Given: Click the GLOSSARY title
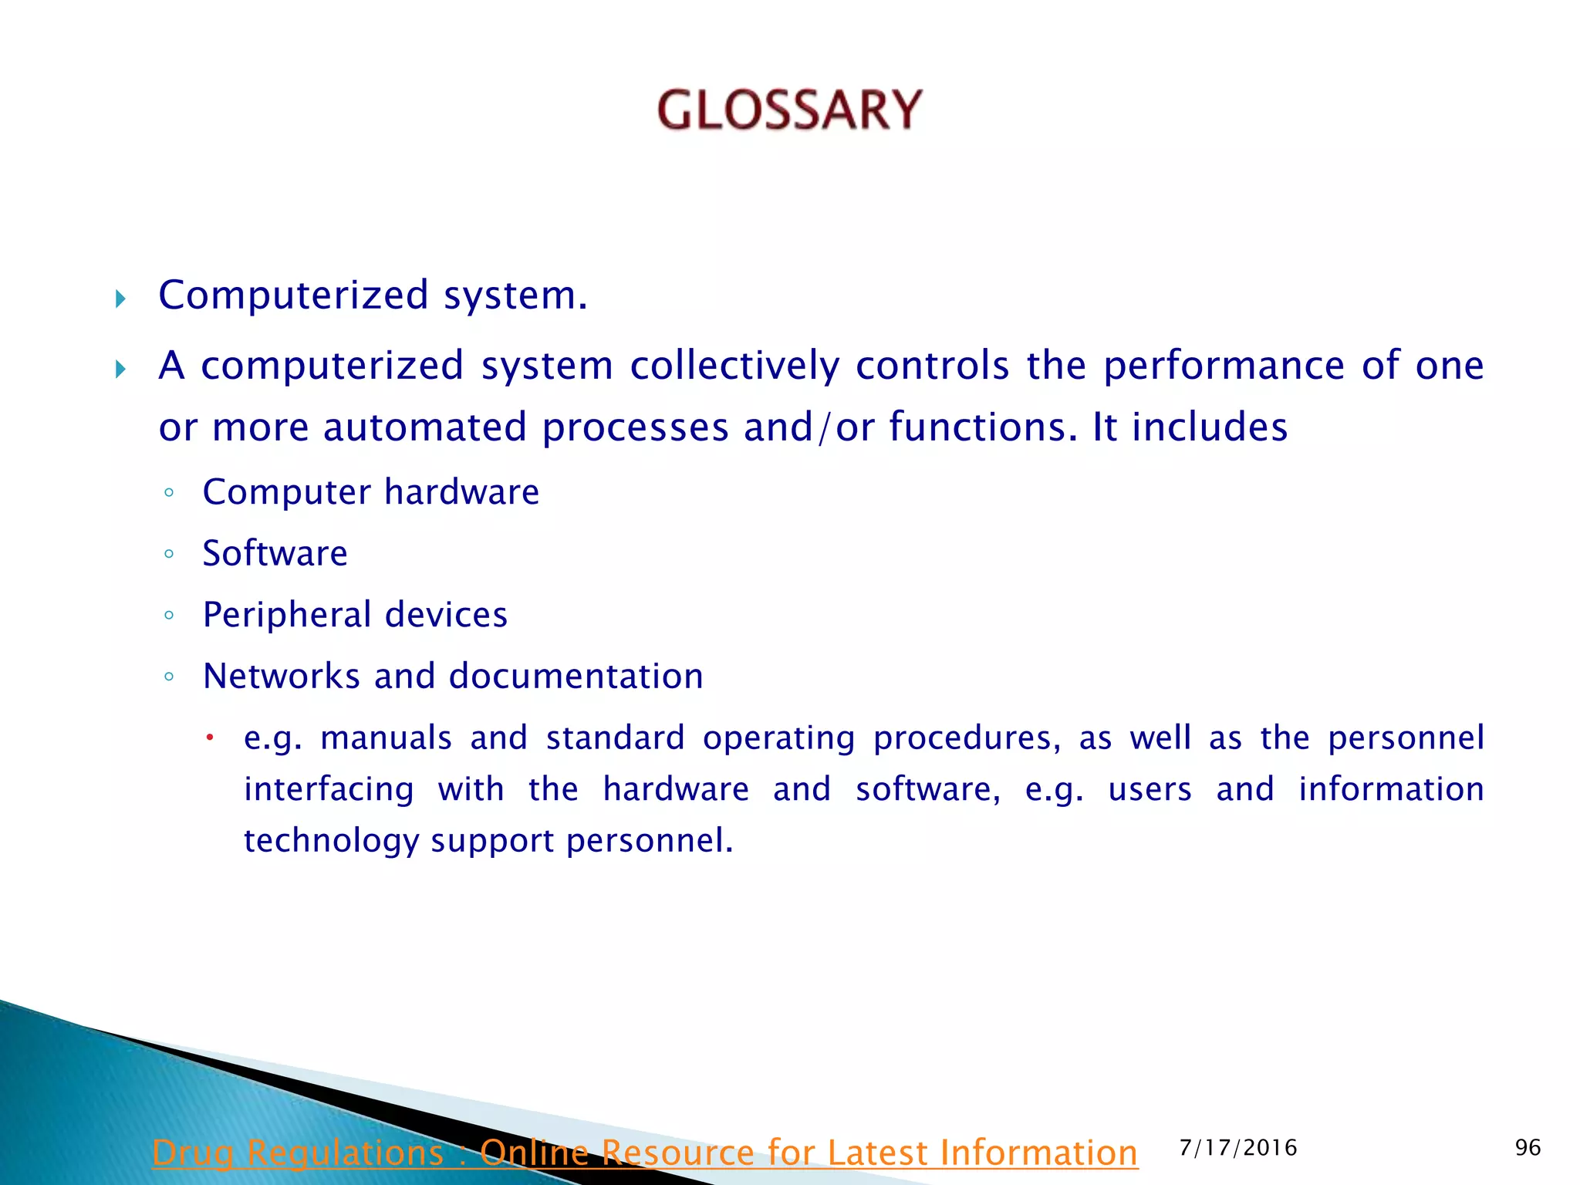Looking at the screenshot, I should click(789, 110).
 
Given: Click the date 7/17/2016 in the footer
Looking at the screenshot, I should click(1238, 1147).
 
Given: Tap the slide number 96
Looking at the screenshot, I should click(1528, 1147).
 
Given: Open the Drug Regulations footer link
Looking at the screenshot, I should click(644, 1153).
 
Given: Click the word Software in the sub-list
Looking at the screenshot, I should click(275, 553).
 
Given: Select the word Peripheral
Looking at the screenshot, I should click(287, 615).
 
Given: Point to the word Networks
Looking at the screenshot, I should click(281, 676).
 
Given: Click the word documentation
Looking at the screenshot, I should click(576, 676).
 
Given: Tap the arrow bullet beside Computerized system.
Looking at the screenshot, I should click(120, 299).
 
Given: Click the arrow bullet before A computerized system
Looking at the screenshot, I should click(120, 369).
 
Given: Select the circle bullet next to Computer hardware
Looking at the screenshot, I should click(169, 492).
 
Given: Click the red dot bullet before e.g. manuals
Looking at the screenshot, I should click(209, 738).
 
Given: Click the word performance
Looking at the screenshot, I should click(1224, 366).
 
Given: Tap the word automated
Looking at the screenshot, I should click(424, 427).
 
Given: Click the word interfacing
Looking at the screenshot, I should click(329, 789).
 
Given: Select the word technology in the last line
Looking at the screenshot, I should click(331, 841).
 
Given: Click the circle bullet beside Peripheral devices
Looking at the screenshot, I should click(169, 615).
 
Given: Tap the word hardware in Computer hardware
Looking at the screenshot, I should click(461, 492).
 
